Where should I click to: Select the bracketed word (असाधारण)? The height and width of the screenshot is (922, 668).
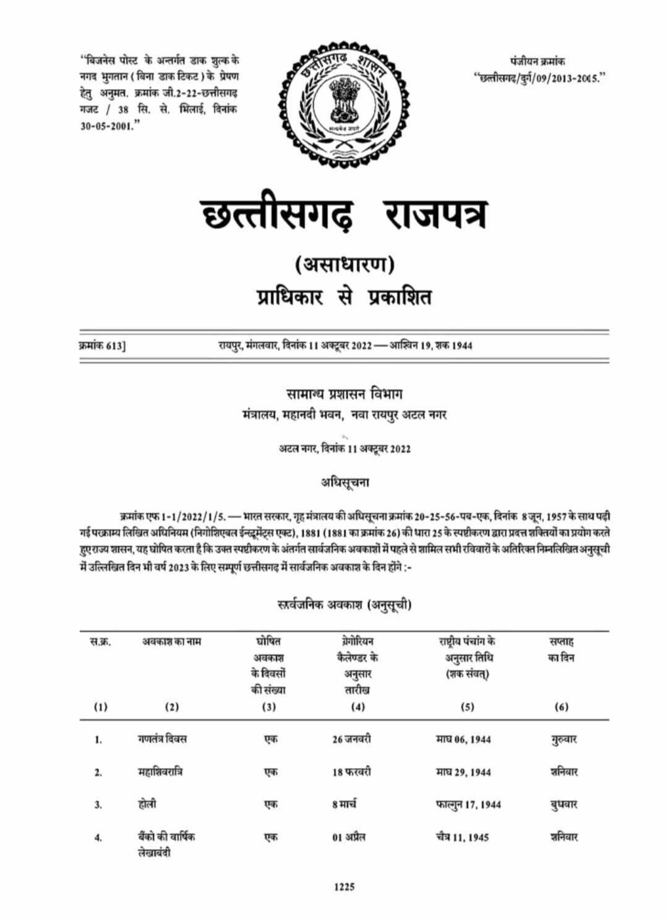point(344,265)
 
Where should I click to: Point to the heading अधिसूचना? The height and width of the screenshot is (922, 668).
point(345,482)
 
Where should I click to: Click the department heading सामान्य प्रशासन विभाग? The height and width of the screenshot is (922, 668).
point(345,393)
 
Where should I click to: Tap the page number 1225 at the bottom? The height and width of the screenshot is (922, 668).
point(345,887)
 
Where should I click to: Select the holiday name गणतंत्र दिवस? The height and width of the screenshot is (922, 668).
point(162,739)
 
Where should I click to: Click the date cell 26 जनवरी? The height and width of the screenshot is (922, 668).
point(351,739)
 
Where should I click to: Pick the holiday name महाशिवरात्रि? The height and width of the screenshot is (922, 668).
point(160,772)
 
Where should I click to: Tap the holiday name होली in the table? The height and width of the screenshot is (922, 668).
point(147,804)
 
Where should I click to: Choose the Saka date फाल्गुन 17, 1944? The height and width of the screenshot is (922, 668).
point(468,805)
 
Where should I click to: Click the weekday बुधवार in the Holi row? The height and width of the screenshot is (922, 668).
point(563,805)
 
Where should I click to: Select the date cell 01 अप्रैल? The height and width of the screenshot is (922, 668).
point(348,837)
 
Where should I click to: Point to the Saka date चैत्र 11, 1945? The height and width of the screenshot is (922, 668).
point(461,837)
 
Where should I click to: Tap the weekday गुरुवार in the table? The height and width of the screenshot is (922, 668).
point(563,739)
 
